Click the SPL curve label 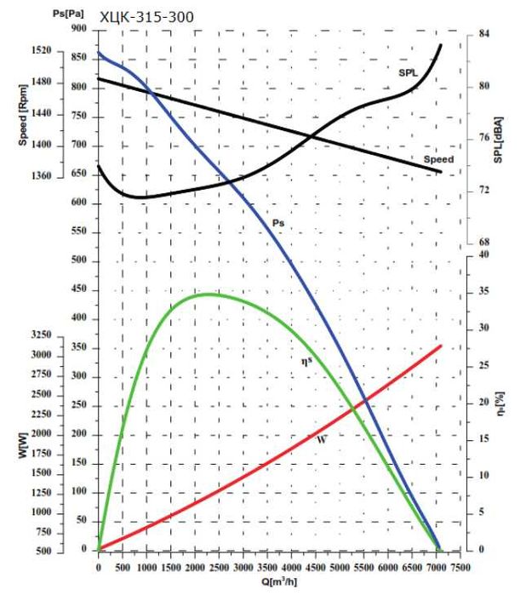point(409,74)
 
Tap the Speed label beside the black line point(438,159)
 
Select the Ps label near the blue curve point(277,222)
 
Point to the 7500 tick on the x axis point(461,566)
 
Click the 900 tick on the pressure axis point(79,29)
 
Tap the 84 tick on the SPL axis point(483,34)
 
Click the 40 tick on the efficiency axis point(483,255)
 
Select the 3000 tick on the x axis point(243,566)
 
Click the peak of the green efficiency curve point(208,294)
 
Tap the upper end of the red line point(441,346)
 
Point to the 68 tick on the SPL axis point(483,243)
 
